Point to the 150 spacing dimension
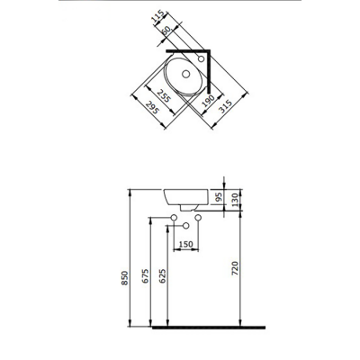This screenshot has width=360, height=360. pyautogui.click(x=186, y=243)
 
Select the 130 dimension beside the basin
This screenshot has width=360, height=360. pyautogui.click(x=236, y=199)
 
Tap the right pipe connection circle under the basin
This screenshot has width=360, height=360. pyautogui.click(x=199, y=220)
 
